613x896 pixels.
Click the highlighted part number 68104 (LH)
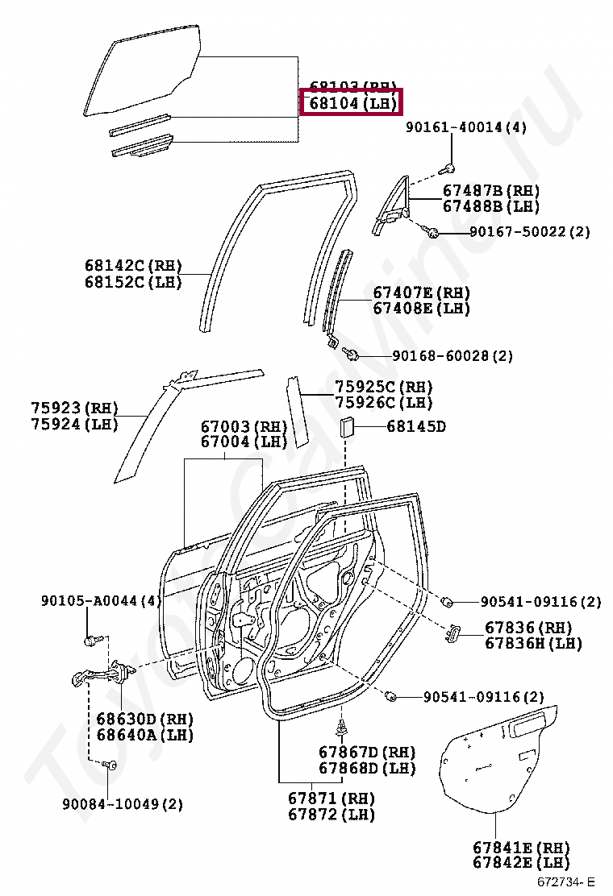(350, 104)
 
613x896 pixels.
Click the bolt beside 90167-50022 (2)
(432, 233)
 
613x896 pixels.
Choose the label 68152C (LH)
(133, 281)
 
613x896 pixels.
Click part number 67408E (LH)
(421, 308)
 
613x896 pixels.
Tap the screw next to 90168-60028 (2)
(352, 353)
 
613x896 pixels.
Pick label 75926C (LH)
(384, 402)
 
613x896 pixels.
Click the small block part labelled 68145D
(347, 426)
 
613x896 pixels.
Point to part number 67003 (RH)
(244, 426)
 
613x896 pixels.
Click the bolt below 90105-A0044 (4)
(90, 641)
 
